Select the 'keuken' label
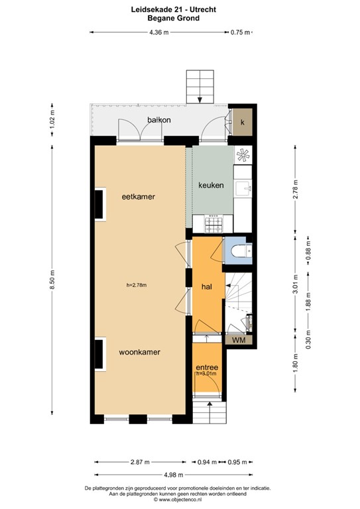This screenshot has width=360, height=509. (x=211, y=186)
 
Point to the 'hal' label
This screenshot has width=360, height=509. (x=206, y=286)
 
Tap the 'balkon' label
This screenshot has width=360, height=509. (x=160, y=120)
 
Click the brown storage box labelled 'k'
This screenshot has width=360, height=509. (x=242, y=123)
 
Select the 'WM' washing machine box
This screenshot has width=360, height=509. (x=239, y=340)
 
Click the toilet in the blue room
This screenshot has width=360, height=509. (x=241, y=251)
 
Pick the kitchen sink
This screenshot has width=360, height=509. (x=244, y=188)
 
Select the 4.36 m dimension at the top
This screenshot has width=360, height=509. (x=157, y=32)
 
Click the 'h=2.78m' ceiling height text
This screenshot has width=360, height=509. (x=136, y=286)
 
